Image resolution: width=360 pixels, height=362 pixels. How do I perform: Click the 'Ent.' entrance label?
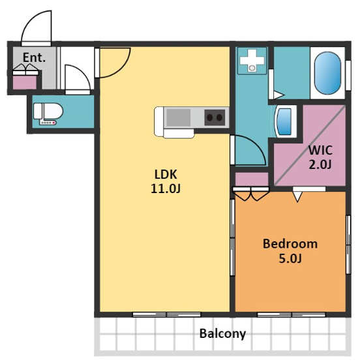34,57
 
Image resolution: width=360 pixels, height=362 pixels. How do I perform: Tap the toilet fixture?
48,113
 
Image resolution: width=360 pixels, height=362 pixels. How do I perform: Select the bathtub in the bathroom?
327,73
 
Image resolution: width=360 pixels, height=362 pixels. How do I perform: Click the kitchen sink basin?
179,117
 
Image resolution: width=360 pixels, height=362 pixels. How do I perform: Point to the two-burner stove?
215,117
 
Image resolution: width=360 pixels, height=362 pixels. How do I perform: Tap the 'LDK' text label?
166,174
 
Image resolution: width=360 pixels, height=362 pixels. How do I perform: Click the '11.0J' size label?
166,189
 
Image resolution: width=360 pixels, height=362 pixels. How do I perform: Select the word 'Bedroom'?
290,244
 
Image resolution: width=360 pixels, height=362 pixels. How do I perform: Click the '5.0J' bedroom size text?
290,258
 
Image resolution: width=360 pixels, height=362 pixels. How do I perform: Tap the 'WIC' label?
320,150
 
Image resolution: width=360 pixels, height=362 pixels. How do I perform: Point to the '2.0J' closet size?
320,165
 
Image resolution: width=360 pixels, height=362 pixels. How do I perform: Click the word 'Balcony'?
222,333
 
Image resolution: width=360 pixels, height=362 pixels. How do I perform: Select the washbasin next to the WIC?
285,122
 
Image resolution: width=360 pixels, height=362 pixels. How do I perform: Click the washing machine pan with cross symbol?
252,61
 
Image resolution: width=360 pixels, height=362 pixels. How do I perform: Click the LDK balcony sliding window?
166,314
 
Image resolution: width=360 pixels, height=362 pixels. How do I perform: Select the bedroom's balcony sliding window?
292,314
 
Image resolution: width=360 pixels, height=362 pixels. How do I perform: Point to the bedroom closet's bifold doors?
251,194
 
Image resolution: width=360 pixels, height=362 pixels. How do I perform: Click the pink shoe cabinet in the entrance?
25,82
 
